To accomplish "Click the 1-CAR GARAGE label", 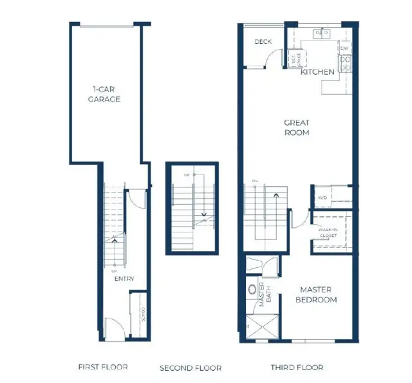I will [x=106, y=95].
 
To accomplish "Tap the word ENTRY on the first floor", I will [x=124, y=279].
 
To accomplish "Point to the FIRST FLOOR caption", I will [x=103, y=367].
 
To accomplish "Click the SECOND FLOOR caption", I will [x=191, y=368].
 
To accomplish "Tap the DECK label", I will [x=263, y=42].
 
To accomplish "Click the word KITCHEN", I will [x=318, y=72].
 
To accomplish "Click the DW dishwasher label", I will [x=345, y=48].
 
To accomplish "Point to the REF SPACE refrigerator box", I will [x=293, y=60].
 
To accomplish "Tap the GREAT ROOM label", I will [x=297, y=127].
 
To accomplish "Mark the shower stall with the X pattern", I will [x=262, y=327].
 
